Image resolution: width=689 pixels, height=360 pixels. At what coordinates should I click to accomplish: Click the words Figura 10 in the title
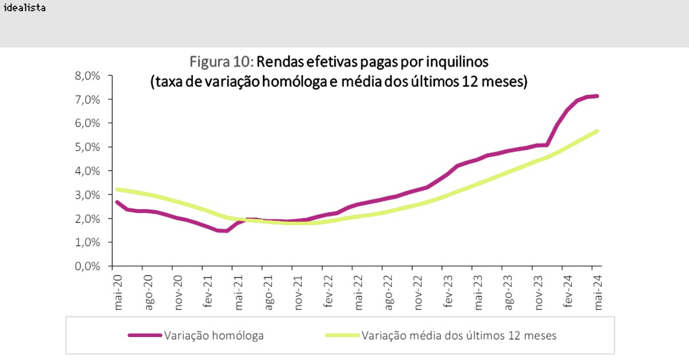222,61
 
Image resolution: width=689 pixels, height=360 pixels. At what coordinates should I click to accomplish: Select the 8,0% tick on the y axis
90,75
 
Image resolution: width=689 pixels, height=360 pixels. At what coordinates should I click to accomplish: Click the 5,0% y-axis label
90,147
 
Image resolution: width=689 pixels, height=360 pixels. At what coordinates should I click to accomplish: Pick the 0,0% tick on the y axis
90,266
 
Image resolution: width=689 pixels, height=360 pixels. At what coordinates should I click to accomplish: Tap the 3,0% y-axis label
90,195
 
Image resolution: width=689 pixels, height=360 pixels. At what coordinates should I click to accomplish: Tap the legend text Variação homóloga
214,335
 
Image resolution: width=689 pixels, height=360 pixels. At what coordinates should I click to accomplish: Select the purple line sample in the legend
145,335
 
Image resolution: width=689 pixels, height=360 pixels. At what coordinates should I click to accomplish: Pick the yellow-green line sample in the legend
342,335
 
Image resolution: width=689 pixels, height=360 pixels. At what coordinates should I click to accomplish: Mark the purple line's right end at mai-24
598,96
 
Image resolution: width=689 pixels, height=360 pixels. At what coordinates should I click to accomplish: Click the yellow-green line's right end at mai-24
598,131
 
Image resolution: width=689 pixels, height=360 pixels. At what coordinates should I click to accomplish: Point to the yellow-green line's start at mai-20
117,189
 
